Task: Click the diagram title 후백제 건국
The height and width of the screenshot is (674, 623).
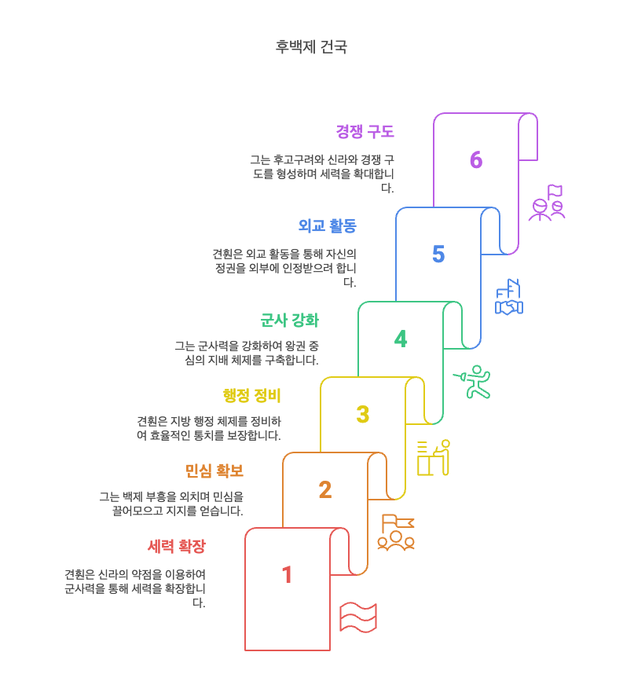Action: click(x=311, y=47)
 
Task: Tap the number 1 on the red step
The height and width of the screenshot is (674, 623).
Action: click(x=287, y=575)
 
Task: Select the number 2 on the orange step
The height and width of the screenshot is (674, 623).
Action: click(x=324, y=490)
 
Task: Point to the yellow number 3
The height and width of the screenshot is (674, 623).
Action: click(x=362, y=415)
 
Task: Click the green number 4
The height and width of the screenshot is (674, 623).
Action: click(x=401, y=339)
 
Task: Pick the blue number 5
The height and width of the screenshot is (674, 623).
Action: click(x=438, y=255)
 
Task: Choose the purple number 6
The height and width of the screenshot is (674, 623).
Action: click(x=476, y=160)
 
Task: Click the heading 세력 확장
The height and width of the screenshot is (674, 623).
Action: click(x=176, y=546)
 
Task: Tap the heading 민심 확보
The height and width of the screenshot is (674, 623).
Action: click(x=214, y=471)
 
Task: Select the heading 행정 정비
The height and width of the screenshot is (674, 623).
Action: click(x=251, y=395)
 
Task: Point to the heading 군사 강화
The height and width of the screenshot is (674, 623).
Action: click(x=289, y=321)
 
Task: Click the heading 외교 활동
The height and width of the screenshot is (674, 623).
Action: click(x=327, y=226)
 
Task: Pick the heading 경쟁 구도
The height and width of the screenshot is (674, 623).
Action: click(x=365, y=132)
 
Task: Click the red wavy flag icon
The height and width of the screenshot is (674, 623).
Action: click(x=358, y=617)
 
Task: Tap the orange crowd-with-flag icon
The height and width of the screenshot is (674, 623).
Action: click(x=396, y=533)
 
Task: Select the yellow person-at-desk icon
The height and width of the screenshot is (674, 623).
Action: click(x=434, y=458)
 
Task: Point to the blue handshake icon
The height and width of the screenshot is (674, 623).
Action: click(x=509, y=299)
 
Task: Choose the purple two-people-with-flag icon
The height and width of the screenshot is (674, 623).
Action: click(x=547, y=203)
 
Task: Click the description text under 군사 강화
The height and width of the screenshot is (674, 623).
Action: click(x=247, y=353)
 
